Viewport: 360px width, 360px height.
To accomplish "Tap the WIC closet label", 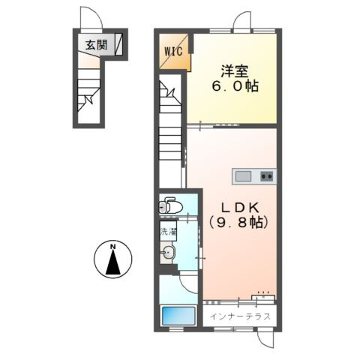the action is pyautogui.click(x=173, y=52).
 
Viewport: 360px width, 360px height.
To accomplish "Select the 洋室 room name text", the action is pyautogui.click(x=235, y=71).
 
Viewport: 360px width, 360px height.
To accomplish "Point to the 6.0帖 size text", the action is pyautogui.click(x=235, y=86).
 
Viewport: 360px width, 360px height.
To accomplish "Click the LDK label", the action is pyautogui.click(x=240, y=208).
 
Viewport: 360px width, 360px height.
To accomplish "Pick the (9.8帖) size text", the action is pyautogui.click(x=238, y=222).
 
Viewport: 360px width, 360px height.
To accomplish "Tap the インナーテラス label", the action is pyautogui.click(x=240, y=316).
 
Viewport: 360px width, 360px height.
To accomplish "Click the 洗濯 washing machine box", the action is pyautogui.click(x=168, y=231).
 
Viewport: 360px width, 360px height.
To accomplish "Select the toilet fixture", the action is pyautogui.click(x=170, y=205).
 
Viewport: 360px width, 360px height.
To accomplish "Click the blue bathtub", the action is pyautogui.click(x=178, y=316).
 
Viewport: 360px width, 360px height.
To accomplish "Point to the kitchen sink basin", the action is pyautogui.click(x=243, y=176).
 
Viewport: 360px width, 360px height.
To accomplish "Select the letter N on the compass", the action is pyautogui.click(x=113, y=247).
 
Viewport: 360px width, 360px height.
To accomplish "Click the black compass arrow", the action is pyautogui.click(x=113, y=262).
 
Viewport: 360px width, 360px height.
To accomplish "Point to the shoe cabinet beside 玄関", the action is pyautogui.click(x=118, y=44).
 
